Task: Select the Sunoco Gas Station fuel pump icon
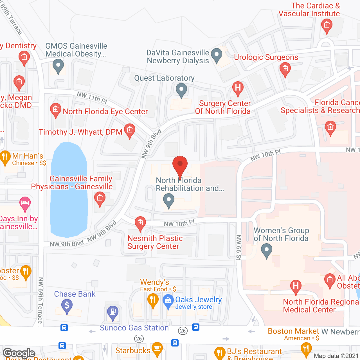(113, 312)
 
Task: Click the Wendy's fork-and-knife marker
(153, 300)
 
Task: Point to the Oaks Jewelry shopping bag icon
(168, 300)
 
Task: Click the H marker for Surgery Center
(238, 87)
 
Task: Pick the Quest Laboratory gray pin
(181, 90)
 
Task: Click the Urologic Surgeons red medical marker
(285, 69)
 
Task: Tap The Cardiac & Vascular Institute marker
(327, 25)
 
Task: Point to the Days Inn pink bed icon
(25, 203)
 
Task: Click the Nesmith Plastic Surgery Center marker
(140, 223)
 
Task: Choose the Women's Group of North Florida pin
(266, 249)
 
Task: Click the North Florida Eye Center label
(105, 112)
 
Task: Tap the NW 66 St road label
(238, 247)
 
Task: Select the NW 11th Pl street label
(92, 97)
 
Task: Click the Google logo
(19, 353)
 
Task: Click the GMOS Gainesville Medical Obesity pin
(58, 66)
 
